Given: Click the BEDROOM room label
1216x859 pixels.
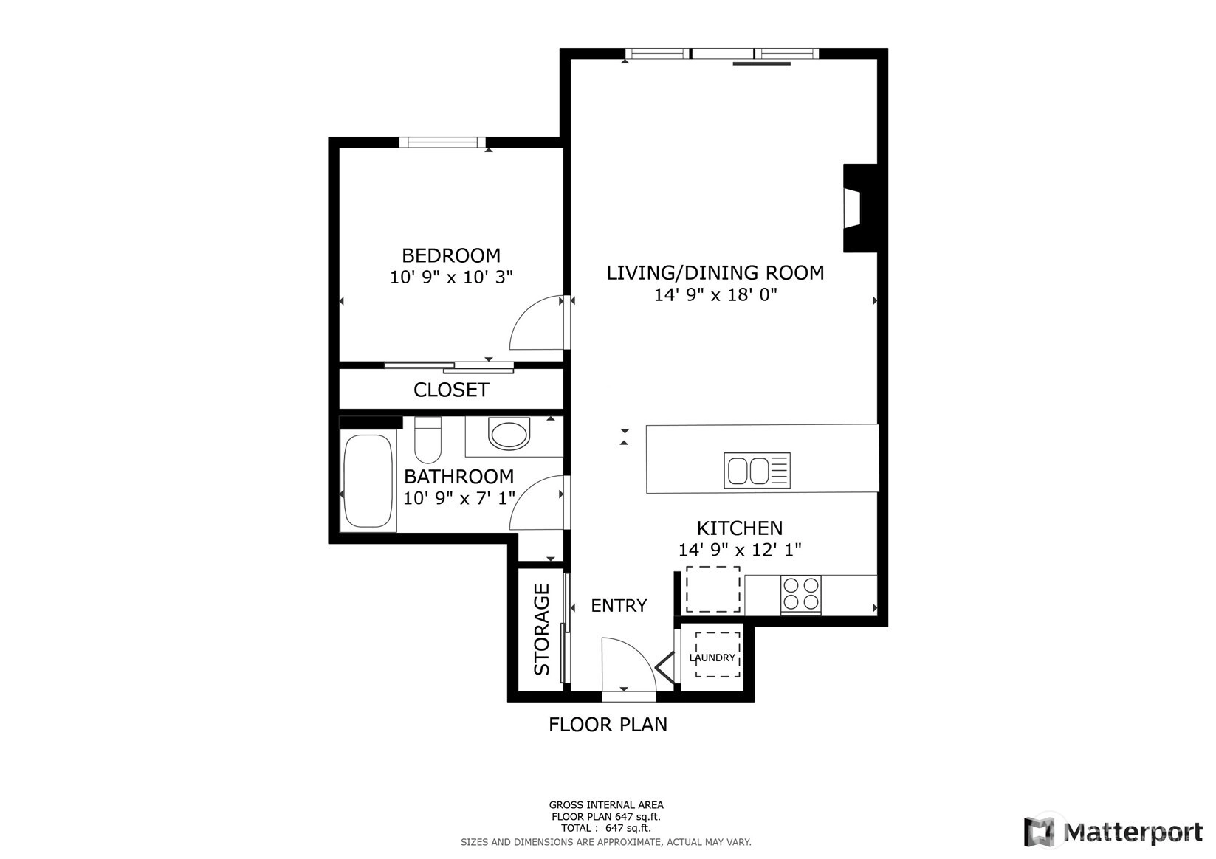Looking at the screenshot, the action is tap(451, 255).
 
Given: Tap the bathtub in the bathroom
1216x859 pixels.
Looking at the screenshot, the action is tap(368, 480).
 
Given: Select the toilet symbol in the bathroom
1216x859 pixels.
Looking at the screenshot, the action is tap(427, 440).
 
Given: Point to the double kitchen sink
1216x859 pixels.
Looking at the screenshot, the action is tap(757, 471).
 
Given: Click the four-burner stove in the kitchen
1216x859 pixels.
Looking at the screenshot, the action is tap(801, 595).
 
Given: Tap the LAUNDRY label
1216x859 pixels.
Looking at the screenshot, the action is tap(712, 658).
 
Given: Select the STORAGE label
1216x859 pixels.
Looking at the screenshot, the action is tap(542, 629).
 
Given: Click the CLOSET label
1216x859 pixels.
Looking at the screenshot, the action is tap(451, 390).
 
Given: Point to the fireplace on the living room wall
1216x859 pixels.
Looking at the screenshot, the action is tap(860, 208).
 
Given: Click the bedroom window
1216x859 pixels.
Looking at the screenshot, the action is tap(442, 142).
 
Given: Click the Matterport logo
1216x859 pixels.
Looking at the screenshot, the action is tap(1113, 832).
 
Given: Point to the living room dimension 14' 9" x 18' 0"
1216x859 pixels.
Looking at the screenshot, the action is tap(715, 294).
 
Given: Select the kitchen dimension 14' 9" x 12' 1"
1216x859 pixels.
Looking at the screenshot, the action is tap(740, 550).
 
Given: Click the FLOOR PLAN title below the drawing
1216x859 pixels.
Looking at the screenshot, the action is tap(608, 725).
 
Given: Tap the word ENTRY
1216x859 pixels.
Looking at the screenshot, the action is tap(619, 605).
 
